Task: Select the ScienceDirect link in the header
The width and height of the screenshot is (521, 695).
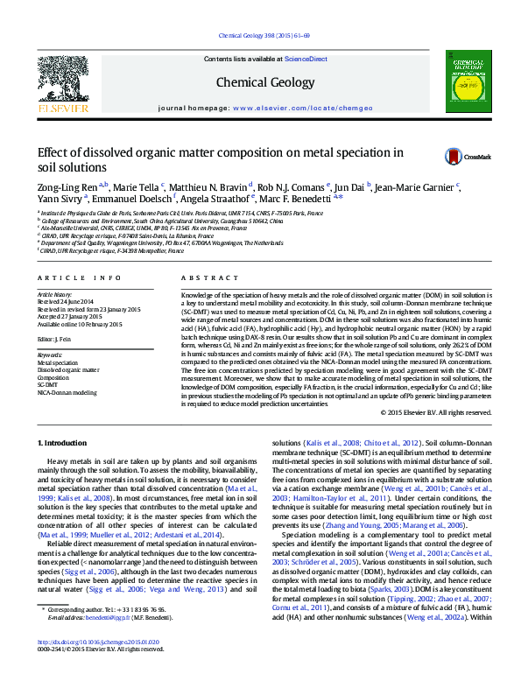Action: pos(306,59)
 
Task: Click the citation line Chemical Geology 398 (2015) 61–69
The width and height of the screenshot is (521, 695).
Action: pos(261,36)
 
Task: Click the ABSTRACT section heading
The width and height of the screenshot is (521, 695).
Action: pos(203,277)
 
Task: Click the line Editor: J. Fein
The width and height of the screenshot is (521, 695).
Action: pos(55,338)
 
